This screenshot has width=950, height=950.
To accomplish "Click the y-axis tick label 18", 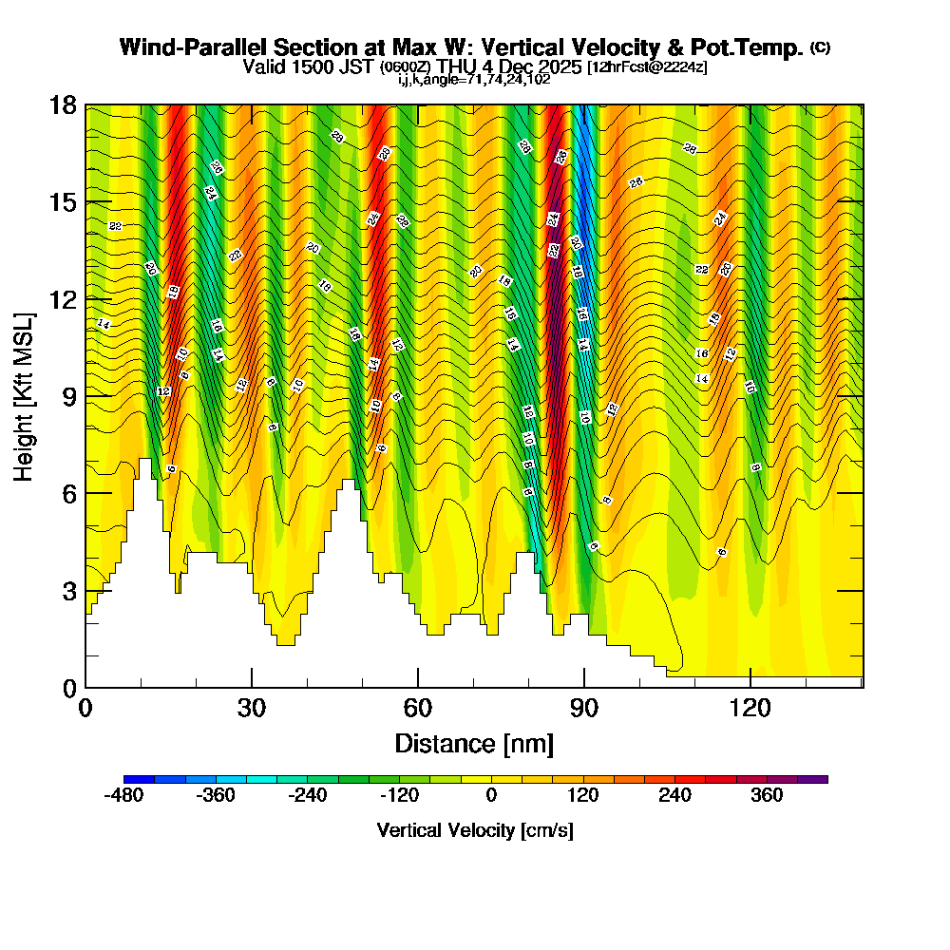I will [x=63, y=104].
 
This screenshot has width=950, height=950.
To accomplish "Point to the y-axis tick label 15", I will [x=63, y=202].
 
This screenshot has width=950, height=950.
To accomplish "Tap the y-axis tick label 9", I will [x=68, y=396].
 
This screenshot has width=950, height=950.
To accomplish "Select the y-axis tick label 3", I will [x=68, y=590].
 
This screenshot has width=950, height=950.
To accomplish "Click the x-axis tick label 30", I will [x=251, y=709].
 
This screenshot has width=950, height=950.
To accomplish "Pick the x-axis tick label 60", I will [x=417, y=709].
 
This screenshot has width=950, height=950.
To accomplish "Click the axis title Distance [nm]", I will [x=474, y=743].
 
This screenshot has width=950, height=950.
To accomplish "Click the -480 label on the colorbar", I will [x=123, y=796].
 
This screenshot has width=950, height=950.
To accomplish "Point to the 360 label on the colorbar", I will [x=767, y=796].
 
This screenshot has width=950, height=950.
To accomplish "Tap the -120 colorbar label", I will [x=399, y=796].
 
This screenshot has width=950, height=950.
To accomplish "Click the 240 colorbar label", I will [x=674, y=796].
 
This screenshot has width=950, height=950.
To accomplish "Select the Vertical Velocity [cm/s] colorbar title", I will [x=474, y=830].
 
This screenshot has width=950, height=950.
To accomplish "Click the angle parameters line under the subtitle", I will [x=474, y=80].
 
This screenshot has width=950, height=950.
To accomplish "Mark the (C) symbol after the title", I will [x=820, y=47].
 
